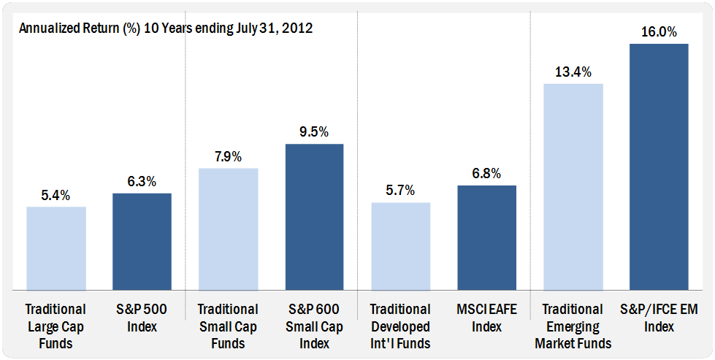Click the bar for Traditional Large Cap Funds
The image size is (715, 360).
click(x=56, y=248)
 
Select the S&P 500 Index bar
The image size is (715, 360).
click(x=142, y=241)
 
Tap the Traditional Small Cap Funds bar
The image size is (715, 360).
click(x=229, y=229)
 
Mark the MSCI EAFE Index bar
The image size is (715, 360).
click(x=486, y=237)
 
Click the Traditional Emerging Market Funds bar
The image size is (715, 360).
click(x=573, y=186)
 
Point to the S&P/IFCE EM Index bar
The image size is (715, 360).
click(x=659, y=166)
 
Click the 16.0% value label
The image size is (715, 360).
click(x=659, y=32)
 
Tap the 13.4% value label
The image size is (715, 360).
click(x=573, y=72)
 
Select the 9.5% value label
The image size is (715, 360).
click(x=314, y=132)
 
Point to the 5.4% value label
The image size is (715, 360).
click(x=56, y=196)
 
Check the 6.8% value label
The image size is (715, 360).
click(x=486, y=174)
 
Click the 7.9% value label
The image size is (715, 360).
click(x=229, y=157)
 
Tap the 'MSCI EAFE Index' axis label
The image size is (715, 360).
click(x=486, y=318)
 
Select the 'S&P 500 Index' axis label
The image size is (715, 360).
click(x=142, y=318)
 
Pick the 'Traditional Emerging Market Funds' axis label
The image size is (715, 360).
click(x=573, y=326)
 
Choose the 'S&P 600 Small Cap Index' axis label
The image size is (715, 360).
click(x=314, y=326)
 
